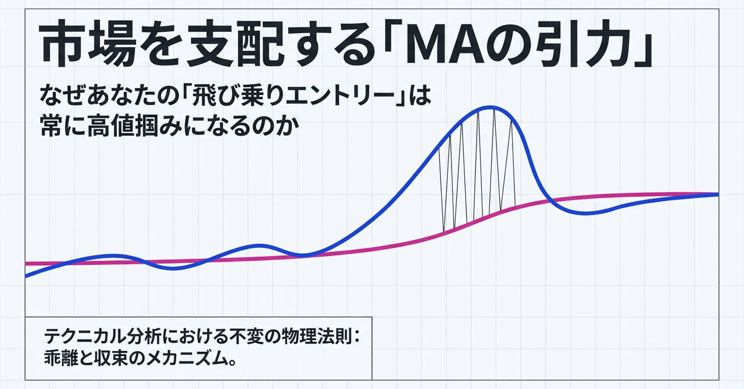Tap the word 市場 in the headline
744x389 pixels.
pos(88,45)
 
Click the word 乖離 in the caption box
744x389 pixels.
pos(60,358)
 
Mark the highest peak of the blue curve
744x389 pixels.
pos(491,107)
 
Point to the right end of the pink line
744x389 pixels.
pos(718,194)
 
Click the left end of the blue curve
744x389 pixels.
pos(26,275)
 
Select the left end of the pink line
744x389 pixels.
pos(26,264)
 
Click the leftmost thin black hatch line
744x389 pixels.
pos(441,189)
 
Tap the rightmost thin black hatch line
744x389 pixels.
pos(513,164)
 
